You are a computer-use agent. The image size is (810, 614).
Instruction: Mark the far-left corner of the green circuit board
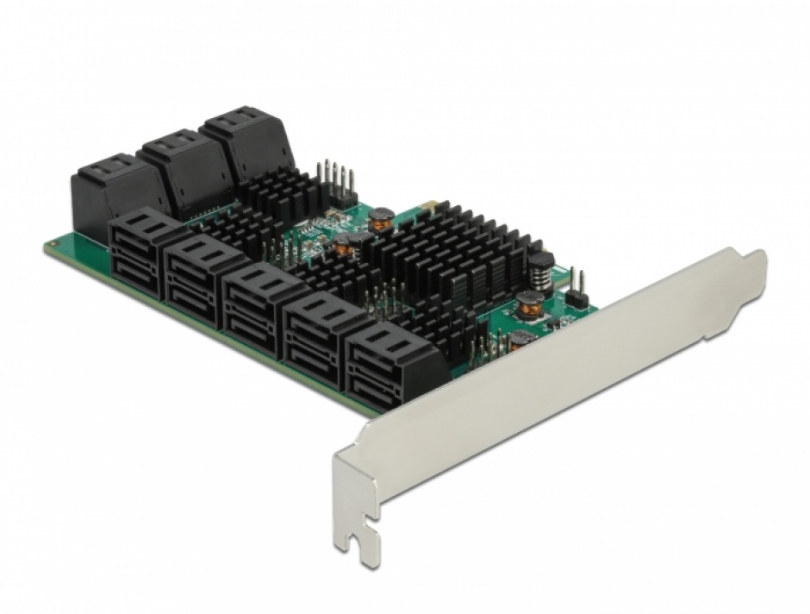(x=47, y=245)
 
